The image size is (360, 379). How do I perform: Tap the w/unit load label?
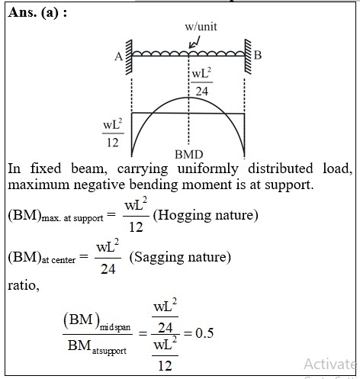pos(201,27)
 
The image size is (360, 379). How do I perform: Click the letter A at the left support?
pos(118,56)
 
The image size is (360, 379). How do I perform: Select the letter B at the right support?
pos(258,55)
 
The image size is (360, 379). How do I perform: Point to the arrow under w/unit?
pos(194,43)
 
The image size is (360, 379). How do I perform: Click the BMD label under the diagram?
pos(189,154)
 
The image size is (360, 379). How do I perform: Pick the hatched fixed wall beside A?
pos(129,57)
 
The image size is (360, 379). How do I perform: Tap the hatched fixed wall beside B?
pos(248,56)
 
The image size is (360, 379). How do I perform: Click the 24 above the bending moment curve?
pos(202,92)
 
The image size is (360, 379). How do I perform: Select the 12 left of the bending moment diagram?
pos(113,143)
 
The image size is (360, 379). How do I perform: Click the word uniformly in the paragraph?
pos(208,169)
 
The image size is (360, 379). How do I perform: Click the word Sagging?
pos(159,258)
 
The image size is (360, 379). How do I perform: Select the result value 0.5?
pos(204,333)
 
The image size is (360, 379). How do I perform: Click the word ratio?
pos(24,286)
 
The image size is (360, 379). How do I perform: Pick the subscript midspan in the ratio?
pos(115,327)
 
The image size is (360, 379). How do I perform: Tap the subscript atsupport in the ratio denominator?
pos(109,352)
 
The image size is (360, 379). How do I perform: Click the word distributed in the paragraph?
pos(281,169)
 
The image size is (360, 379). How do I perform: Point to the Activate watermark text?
pos(331,364)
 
